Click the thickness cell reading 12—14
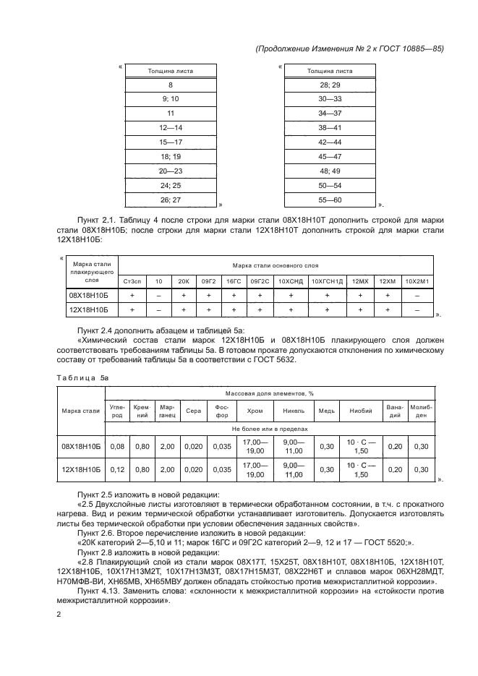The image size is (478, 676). pos(171,127)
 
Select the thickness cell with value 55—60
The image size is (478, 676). pos(330,199)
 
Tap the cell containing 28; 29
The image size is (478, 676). pos(330,85)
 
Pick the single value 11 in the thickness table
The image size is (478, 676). pos(171,114)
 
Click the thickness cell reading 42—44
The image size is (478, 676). pos(330,142)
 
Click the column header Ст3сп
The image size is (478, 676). pos(132,281)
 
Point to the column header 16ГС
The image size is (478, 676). pos(233,281)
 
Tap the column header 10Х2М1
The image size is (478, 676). pos(417,281)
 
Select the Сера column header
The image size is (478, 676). pos(194,411)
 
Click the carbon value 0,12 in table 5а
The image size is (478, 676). pos(116,470)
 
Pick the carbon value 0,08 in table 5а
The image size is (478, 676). pos(116,446)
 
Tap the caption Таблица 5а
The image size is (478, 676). pos(82,377)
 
